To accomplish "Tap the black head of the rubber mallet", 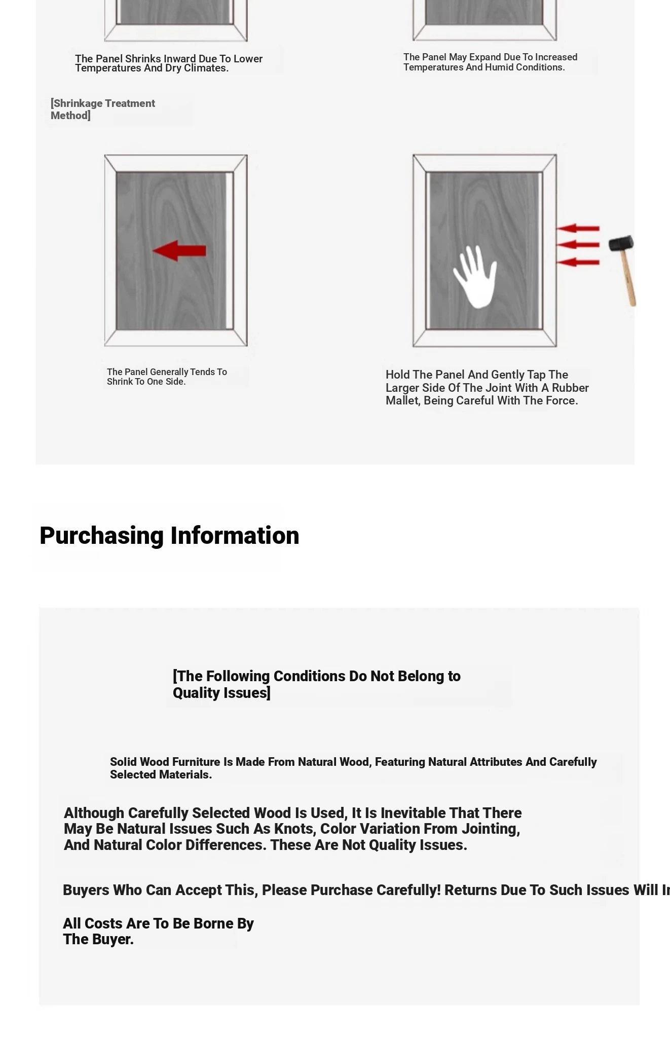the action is (x=621, y=244).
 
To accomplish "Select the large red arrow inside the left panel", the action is (x=179, y=251).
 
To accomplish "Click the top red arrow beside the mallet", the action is (x=578, y=229).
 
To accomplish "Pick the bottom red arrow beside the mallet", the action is (x=578, y=262).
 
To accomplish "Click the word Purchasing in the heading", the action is (x=102, y=536).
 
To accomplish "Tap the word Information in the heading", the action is (x=235, y=536).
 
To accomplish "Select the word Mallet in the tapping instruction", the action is (x=402, y=401).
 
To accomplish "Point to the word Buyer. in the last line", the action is (x=113, y=939).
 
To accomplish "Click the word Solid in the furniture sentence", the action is (x=124, y=762).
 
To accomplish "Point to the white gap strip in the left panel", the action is (x=230, y=251).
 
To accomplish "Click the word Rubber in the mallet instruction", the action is (x=570, y=388).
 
